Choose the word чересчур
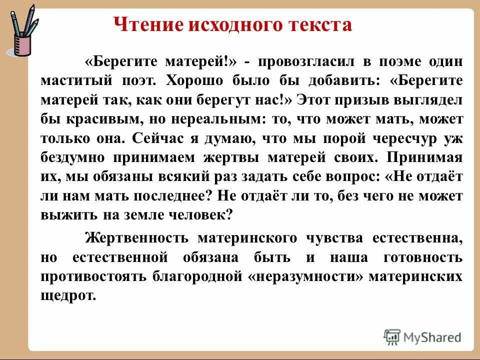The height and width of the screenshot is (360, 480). click(405, 138)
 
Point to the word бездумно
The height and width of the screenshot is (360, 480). click(72, 157)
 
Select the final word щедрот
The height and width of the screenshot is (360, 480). click(67, 296)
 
